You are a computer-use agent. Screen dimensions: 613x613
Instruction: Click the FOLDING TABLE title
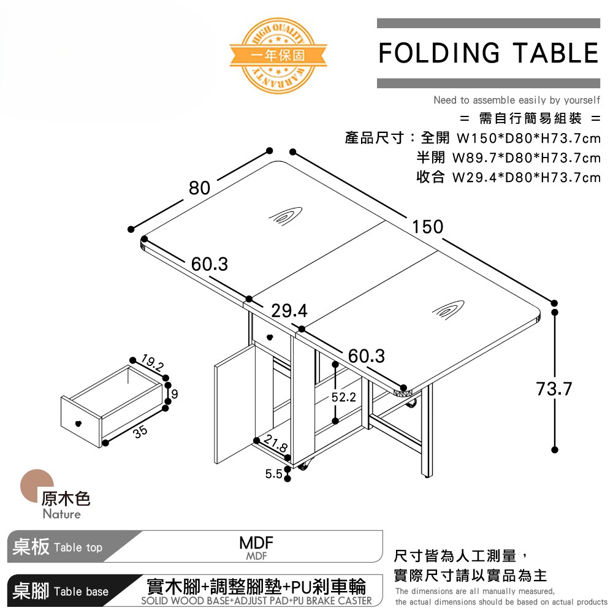(x=488, y=53)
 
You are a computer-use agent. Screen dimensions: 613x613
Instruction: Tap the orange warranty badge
(x=278, y=54)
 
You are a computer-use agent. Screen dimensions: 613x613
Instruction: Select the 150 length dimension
(x=427, y=227)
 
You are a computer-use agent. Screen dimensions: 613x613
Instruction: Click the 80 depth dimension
(x=199, y=188)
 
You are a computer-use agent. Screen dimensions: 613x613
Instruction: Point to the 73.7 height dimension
(x=554, y=389)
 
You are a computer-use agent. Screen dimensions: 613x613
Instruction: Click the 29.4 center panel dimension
(x=289, y=311)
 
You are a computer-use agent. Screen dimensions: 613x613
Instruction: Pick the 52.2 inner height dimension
(x=343, y=397)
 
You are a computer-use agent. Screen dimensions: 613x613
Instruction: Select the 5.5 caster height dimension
(x=273, y=474)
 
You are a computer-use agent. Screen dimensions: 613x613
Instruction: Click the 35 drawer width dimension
(x=140, y=431)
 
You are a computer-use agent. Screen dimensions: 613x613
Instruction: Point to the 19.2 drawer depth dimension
(x=152, y=363)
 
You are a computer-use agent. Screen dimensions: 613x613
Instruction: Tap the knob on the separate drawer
(x=77, y=423)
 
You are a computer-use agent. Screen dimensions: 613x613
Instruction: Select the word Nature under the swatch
(x=61, y=514)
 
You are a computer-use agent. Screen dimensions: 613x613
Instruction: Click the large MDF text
(x=256, y=544)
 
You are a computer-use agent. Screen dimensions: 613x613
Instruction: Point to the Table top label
(x=78, y=547)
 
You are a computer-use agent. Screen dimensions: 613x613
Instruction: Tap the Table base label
(x=81, y=592)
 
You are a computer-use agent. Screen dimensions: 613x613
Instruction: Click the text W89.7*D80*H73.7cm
(x=526, y=158)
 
